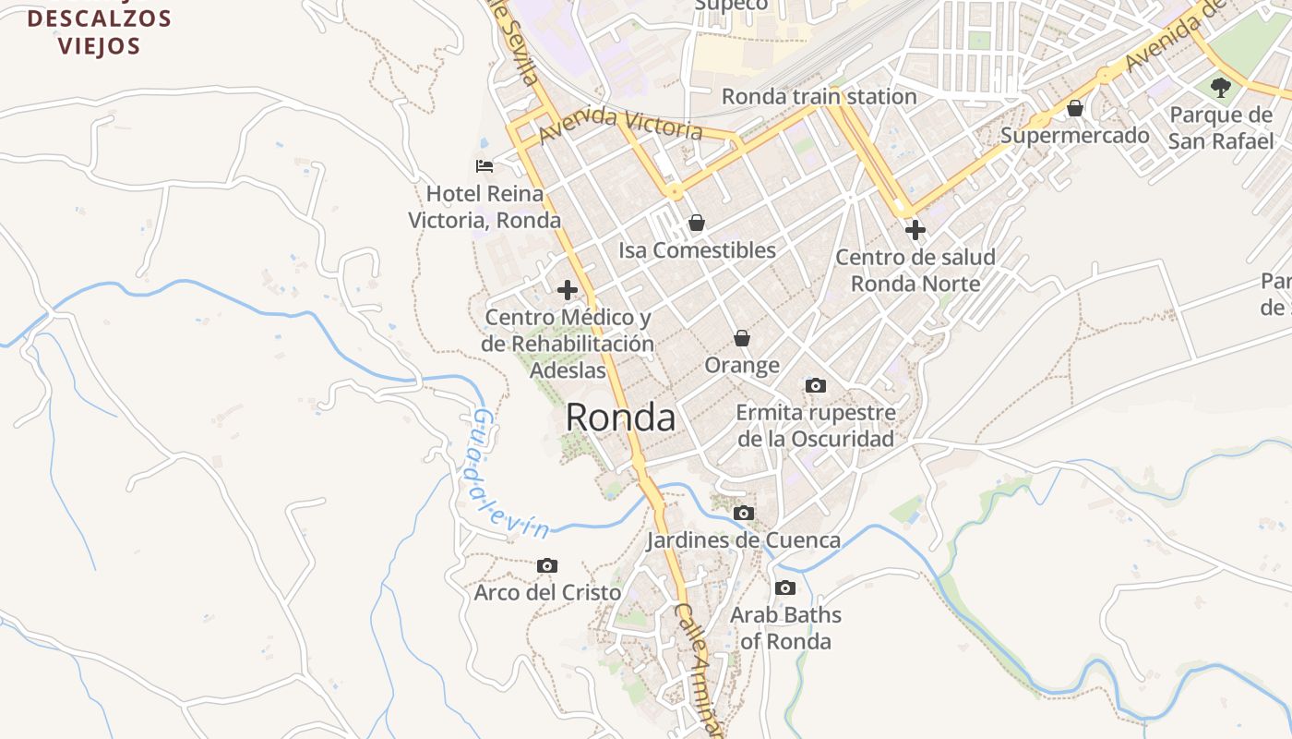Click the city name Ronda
click(620, 418)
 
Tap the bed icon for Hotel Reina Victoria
click(484, 166)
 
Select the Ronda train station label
click(819, 96)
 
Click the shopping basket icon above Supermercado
click(1075, 109)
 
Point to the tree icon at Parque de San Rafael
click(1221, 88)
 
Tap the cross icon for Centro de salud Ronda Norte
click(915, 229)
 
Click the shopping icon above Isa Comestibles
click(697, 223)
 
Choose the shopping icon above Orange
click(742, 339)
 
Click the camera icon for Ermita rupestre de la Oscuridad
click(816, 385)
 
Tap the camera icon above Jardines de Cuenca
click(744, 513)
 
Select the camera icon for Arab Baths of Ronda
click(785, 588)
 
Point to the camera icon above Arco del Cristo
click(547, 565)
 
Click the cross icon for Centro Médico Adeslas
click(568, 290)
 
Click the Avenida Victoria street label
click(620, 124)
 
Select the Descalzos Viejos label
click(100, 31)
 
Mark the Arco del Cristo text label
click(547, 592)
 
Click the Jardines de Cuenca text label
click(743, 539)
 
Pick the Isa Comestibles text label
click(697, 250)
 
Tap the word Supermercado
click(1075, 136)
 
